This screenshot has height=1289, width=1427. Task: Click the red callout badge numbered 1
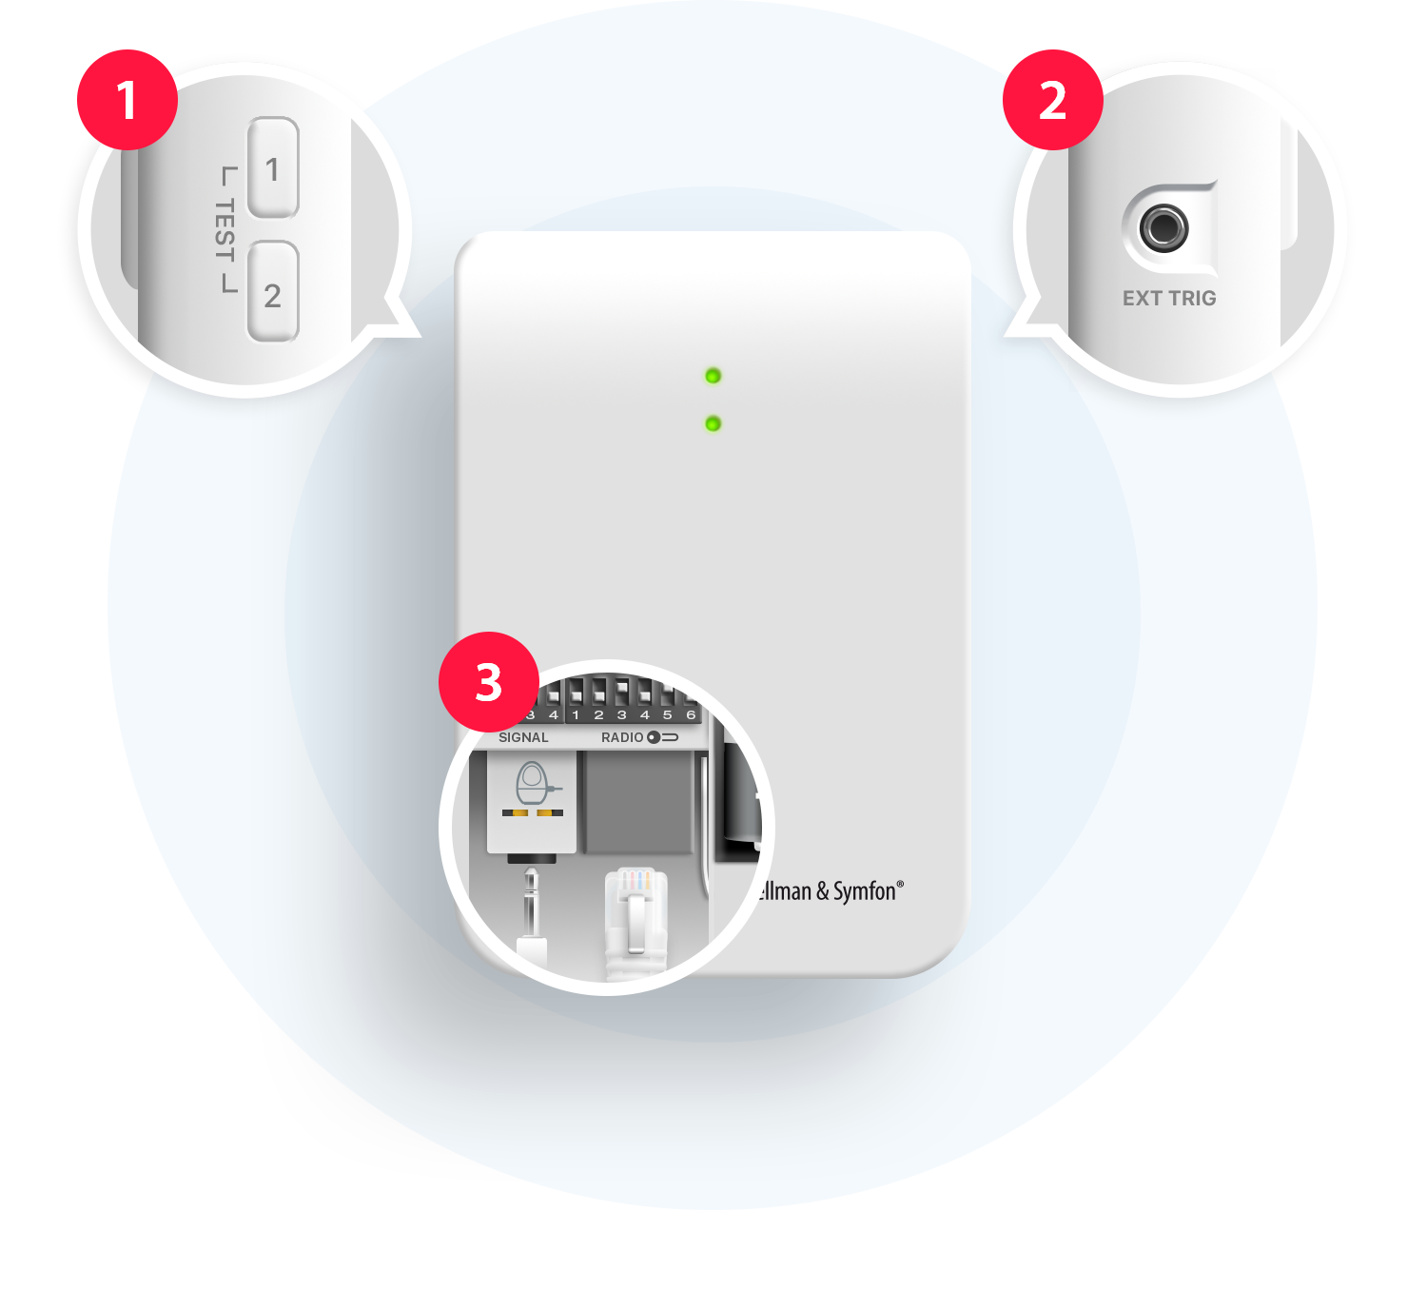tap(127, 101)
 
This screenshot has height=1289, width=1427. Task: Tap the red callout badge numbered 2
tap(1052, 101)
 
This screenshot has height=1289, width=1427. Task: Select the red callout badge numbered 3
tap(488, 682)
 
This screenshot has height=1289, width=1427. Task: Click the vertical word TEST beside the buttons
tap(225, 229)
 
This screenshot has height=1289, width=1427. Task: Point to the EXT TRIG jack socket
tap(1163, 228)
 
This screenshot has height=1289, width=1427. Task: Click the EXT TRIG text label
tap(1169, 299)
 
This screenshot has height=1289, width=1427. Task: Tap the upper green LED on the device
tap(713, 376)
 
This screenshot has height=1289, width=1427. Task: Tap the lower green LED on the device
tap(713, 423)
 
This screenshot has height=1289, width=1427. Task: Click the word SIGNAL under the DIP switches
tap(523, 737)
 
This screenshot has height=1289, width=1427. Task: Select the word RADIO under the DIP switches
tap(622, 737)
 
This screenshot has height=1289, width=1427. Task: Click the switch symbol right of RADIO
tap(662, 737)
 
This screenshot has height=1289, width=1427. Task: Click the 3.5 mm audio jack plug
tap(531, 908)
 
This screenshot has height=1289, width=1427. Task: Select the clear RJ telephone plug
tap(635, 918)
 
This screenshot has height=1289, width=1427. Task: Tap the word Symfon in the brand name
tap(864, 891)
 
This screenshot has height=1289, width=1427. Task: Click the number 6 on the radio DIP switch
tap(691, 714)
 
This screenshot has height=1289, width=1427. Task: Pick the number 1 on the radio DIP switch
tap(576, 714)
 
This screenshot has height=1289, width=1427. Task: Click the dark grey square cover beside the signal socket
tap(638, 804)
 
